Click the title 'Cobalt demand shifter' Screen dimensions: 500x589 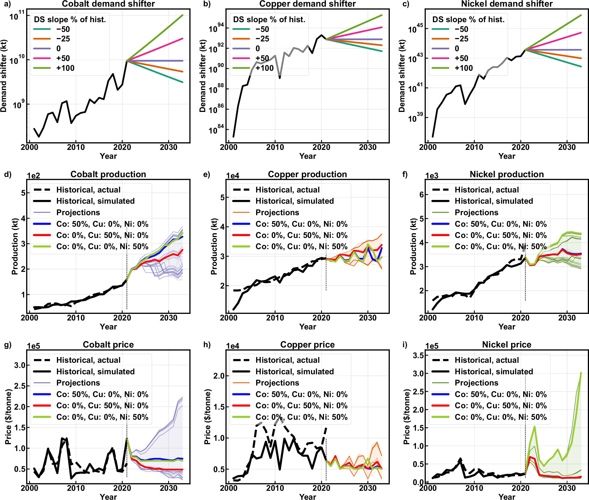pyautogui.click(x=108, y=4)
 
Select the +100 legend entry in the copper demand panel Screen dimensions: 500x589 pyautogui.click(x=264, y=68)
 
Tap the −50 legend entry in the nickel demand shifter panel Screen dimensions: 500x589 pyautogui.click(x=461, y=29)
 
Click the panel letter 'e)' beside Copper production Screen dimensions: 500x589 pyautogui.click(x=206, y=174)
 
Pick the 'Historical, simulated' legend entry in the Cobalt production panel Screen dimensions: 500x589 pyautogui.click(x=95, y=201)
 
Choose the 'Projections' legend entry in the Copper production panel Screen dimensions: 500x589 pyautogui.click(x=277, y=213)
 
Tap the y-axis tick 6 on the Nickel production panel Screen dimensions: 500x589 pyautogui.click(x=421, y=194)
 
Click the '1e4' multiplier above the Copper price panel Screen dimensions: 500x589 pyautogui.click(x=232, y=346)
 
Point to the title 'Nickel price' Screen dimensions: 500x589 pyautogui.click(x=506, y=345)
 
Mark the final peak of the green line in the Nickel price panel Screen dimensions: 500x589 pyautogui.click(x=581, y=373)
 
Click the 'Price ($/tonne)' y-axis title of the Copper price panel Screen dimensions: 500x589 pyautogui.click(x=208, y=417)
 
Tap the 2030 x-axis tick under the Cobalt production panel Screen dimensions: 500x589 pyautogui.click(x=168, y=318)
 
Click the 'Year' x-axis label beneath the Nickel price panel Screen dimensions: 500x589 pyautogui.click(x=506, y=497)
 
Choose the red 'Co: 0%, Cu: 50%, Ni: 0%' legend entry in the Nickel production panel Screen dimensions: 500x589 pyautogui.click(x=500, y=235)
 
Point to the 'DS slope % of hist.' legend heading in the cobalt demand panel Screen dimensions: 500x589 pyautogui.click(x=70, y=20)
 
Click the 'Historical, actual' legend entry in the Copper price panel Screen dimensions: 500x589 pyautogui.click(x=287, y=360)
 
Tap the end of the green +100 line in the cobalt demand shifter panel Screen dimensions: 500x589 pyautogui.click(x=183, y=15)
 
